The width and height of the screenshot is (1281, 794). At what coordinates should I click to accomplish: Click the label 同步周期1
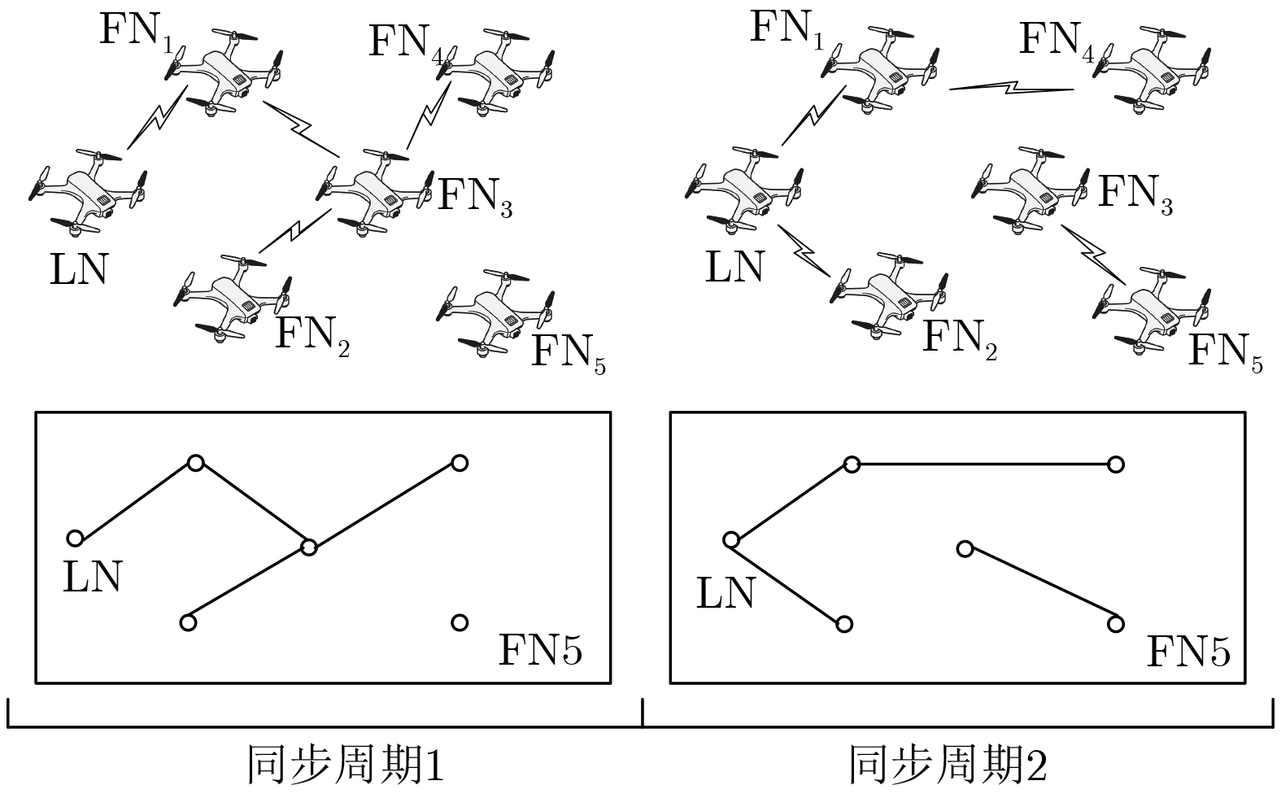click(345, 766)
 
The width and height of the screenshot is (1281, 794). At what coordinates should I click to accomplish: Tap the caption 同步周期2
click(948, 766)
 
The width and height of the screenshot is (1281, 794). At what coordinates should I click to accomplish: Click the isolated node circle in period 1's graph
click(460, 623)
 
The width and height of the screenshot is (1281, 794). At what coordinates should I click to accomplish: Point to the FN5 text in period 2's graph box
click(1187, 652)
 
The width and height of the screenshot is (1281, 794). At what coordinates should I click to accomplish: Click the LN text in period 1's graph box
click(92, 576)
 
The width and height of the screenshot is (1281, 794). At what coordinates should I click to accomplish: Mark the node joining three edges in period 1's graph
click(308, 548)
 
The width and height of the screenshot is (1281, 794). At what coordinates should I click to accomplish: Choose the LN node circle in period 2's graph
click(730, 540)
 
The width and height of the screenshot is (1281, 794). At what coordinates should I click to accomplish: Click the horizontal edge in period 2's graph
click(984, 465)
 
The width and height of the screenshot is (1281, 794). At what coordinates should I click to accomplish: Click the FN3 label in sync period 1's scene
click(475, 195)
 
